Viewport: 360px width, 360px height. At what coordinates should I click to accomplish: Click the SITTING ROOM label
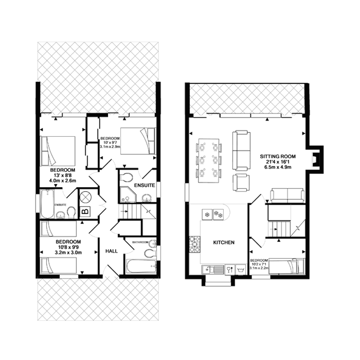pyautogui.click(x=278, y=157)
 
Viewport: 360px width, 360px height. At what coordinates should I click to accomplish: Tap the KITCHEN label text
pyautogui.click(x=224, y=243)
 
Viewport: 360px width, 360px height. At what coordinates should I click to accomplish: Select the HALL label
pyautogui.click(x=112, y=251)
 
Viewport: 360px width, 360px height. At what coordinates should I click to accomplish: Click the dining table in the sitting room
pyautogui.click(x=209, y=161)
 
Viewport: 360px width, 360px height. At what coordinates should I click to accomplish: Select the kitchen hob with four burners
pyautogui.click(x=195, y=244)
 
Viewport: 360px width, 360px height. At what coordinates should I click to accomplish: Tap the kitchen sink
pyautogui.click(x=213, y=270)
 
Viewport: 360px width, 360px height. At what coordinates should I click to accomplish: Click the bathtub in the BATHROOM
pyautogui.click(x=141, y=266)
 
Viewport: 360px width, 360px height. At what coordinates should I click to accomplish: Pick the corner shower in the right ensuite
pyautogui.click(x=128, y=194)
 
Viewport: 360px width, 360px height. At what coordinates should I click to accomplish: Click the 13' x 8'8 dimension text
pyautogui.click(x=63, y=175)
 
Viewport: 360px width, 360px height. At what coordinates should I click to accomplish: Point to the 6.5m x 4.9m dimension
pyautogui.click(x=278, y=167)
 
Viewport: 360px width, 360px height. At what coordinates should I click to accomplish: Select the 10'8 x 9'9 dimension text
pyautogui.click(x=68, y=247)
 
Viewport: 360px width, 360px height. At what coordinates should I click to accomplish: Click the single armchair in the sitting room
pyautogui.click(x=241, y=183)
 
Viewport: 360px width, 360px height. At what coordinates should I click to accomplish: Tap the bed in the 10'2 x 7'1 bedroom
pyautogui.click(x=287, y=266)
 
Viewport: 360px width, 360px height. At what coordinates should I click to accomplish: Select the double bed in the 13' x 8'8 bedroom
pyautogui.click(x=58, y=151)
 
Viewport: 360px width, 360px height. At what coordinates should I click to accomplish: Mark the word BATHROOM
pyautogui.click(x=140, y=242)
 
